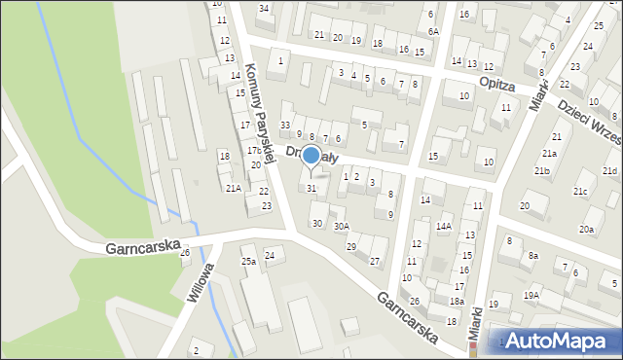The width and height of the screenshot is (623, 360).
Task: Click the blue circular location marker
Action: point(311,155)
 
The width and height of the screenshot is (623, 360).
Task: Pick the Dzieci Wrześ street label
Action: point(589,125)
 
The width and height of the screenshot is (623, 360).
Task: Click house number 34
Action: point(264,9)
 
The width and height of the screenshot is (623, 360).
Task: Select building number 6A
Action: point(433,31)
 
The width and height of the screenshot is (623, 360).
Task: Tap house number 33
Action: point(285,126)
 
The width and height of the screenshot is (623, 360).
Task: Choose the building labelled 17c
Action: point(253,151)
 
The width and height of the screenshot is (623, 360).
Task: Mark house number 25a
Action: point(248,262)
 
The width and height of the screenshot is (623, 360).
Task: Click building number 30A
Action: point(341,226)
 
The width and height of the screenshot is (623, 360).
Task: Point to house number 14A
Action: point(444,226)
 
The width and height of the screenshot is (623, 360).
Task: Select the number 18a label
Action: point(456,303)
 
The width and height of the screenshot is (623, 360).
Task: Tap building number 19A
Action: point(531,294)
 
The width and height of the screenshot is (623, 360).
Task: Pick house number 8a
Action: point(532,255)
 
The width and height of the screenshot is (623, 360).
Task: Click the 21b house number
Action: point(541,171)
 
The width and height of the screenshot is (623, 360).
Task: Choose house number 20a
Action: point(586,230)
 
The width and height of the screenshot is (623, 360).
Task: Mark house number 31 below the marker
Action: point(311,188)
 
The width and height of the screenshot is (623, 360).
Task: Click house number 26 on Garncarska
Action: point(185,253)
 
